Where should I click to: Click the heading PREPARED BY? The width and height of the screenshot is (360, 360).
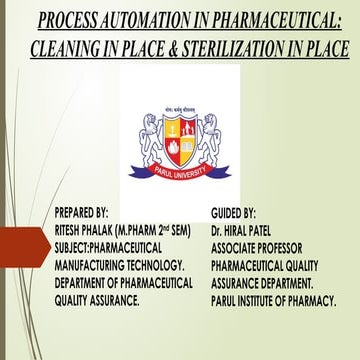[88, 214]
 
